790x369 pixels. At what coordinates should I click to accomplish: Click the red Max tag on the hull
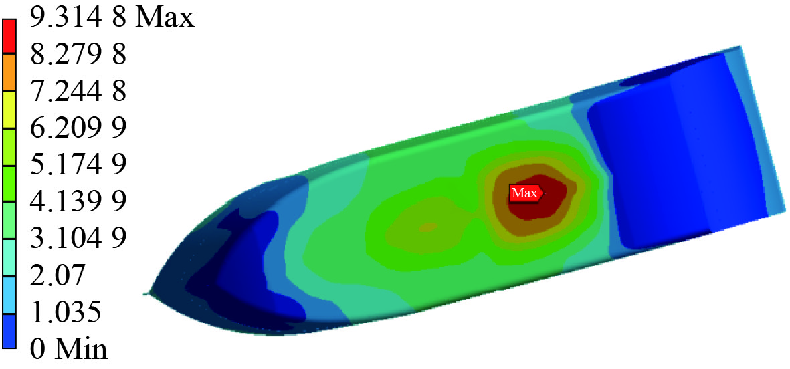pyautogui.click(x=526, y=193)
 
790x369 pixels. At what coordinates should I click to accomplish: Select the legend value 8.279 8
pyautogui.click(x=78, y=55)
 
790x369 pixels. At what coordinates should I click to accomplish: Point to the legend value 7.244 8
pyautogui.click(x=78, y=92)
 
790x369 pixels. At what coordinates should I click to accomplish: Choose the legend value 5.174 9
pyautogui.click(x=78, y=165)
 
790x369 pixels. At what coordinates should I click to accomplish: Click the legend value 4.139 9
pyautogui.click(x=78, y=202)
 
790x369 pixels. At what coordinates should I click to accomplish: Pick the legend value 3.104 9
pyautogui.click(x=78, y=238)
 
